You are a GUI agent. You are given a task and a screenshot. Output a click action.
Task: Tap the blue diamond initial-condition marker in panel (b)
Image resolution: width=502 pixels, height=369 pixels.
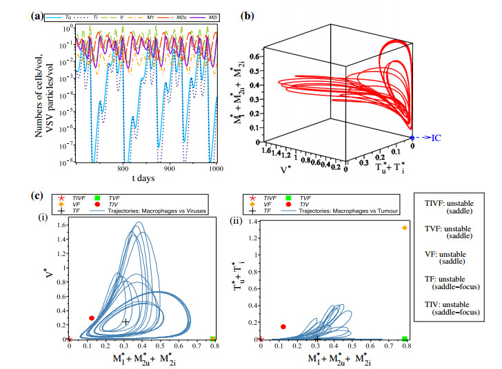[x=413, y=138]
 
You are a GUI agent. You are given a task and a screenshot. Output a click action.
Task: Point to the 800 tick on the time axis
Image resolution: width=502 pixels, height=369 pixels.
[x=122, y=168]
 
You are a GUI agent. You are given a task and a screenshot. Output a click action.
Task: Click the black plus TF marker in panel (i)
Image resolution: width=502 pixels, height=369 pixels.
[x=125, y=321]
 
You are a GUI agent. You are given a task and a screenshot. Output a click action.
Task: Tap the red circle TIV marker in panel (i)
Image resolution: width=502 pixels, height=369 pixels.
[x=92, y=318]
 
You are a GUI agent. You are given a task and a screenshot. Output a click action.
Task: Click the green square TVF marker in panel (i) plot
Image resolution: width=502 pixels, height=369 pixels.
[x=213, y=339]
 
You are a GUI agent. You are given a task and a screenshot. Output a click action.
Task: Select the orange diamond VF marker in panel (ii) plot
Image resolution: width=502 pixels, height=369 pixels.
[x=405, y=228]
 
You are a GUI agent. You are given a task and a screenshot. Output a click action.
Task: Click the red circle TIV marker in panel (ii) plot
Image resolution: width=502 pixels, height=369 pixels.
[x=283, y=327]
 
